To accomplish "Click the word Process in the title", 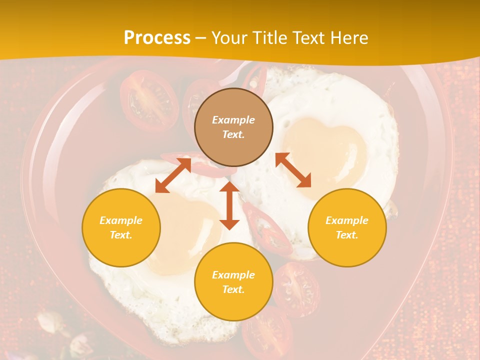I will (157, 38).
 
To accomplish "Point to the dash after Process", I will (201, 38).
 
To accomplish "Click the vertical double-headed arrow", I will (229, 205).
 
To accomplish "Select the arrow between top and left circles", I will (173, 175).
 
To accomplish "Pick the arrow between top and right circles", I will (293, 170).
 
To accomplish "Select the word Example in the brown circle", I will (233, 120).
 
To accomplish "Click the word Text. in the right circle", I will (347, 235).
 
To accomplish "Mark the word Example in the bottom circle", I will (233, 275).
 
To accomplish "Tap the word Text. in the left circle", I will (121, 235).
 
